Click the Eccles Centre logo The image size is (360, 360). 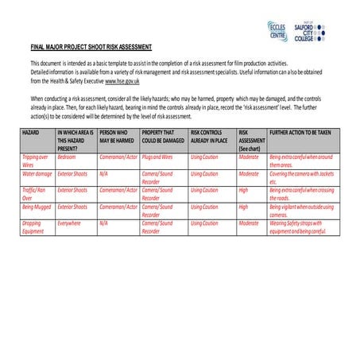click(x=277, y=32)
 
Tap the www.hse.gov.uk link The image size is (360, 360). click(x=122, y=81)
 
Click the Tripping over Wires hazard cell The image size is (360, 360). click(x=33, y=161)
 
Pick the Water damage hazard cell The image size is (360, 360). click(x=37, y=173)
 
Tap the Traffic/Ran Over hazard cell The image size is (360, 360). click(x=34, y=194)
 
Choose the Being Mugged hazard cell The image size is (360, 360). click(x=36, y=207)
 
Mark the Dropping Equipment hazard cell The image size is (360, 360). click(x=33, y=227)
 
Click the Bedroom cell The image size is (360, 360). click(x=67, y=157)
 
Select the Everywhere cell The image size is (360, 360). click(x=69, y=223)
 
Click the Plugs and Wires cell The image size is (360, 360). click(x=157, y=157)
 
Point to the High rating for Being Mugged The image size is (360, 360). click(x=243, y=207)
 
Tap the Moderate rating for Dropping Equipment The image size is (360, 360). click(x=249, y=223)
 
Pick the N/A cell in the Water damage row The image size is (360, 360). click(x=103, y=173)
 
